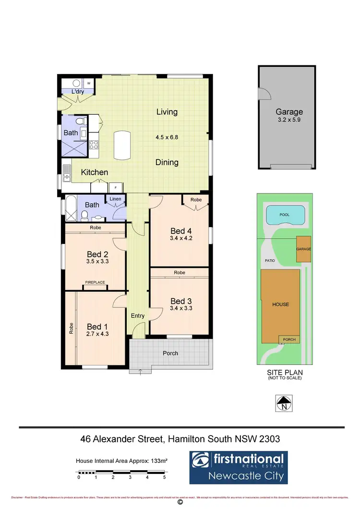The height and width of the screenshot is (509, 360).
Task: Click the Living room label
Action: click(167, 112)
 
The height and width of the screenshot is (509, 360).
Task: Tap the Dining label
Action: click(167, 162)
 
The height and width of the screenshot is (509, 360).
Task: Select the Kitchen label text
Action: click(94, 172)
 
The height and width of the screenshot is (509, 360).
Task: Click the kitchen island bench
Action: click(122, 145)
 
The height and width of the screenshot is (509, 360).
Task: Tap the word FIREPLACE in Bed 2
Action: click(95, 282)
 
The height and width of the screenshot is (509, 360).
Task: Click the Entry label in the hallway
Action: click(138, 315)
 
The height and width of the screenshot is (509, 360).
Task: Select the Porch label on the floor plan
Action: click(170, 353)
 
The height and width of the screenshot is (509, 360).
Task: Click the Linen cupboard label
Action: click(115, 199)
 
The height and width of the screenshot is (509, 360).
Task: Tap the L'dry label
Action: click(78, 91)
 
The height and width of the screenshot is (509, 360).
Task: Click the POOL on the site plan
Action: click(285, 215)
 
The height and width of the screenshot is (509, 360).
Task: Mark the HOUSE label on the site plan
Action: click(281, 304)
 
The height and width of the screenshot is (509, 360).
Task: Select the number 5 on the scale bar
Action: click(165, 478)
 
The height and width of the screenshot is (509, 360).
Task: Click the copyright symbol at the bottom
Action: click(180, 502)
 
